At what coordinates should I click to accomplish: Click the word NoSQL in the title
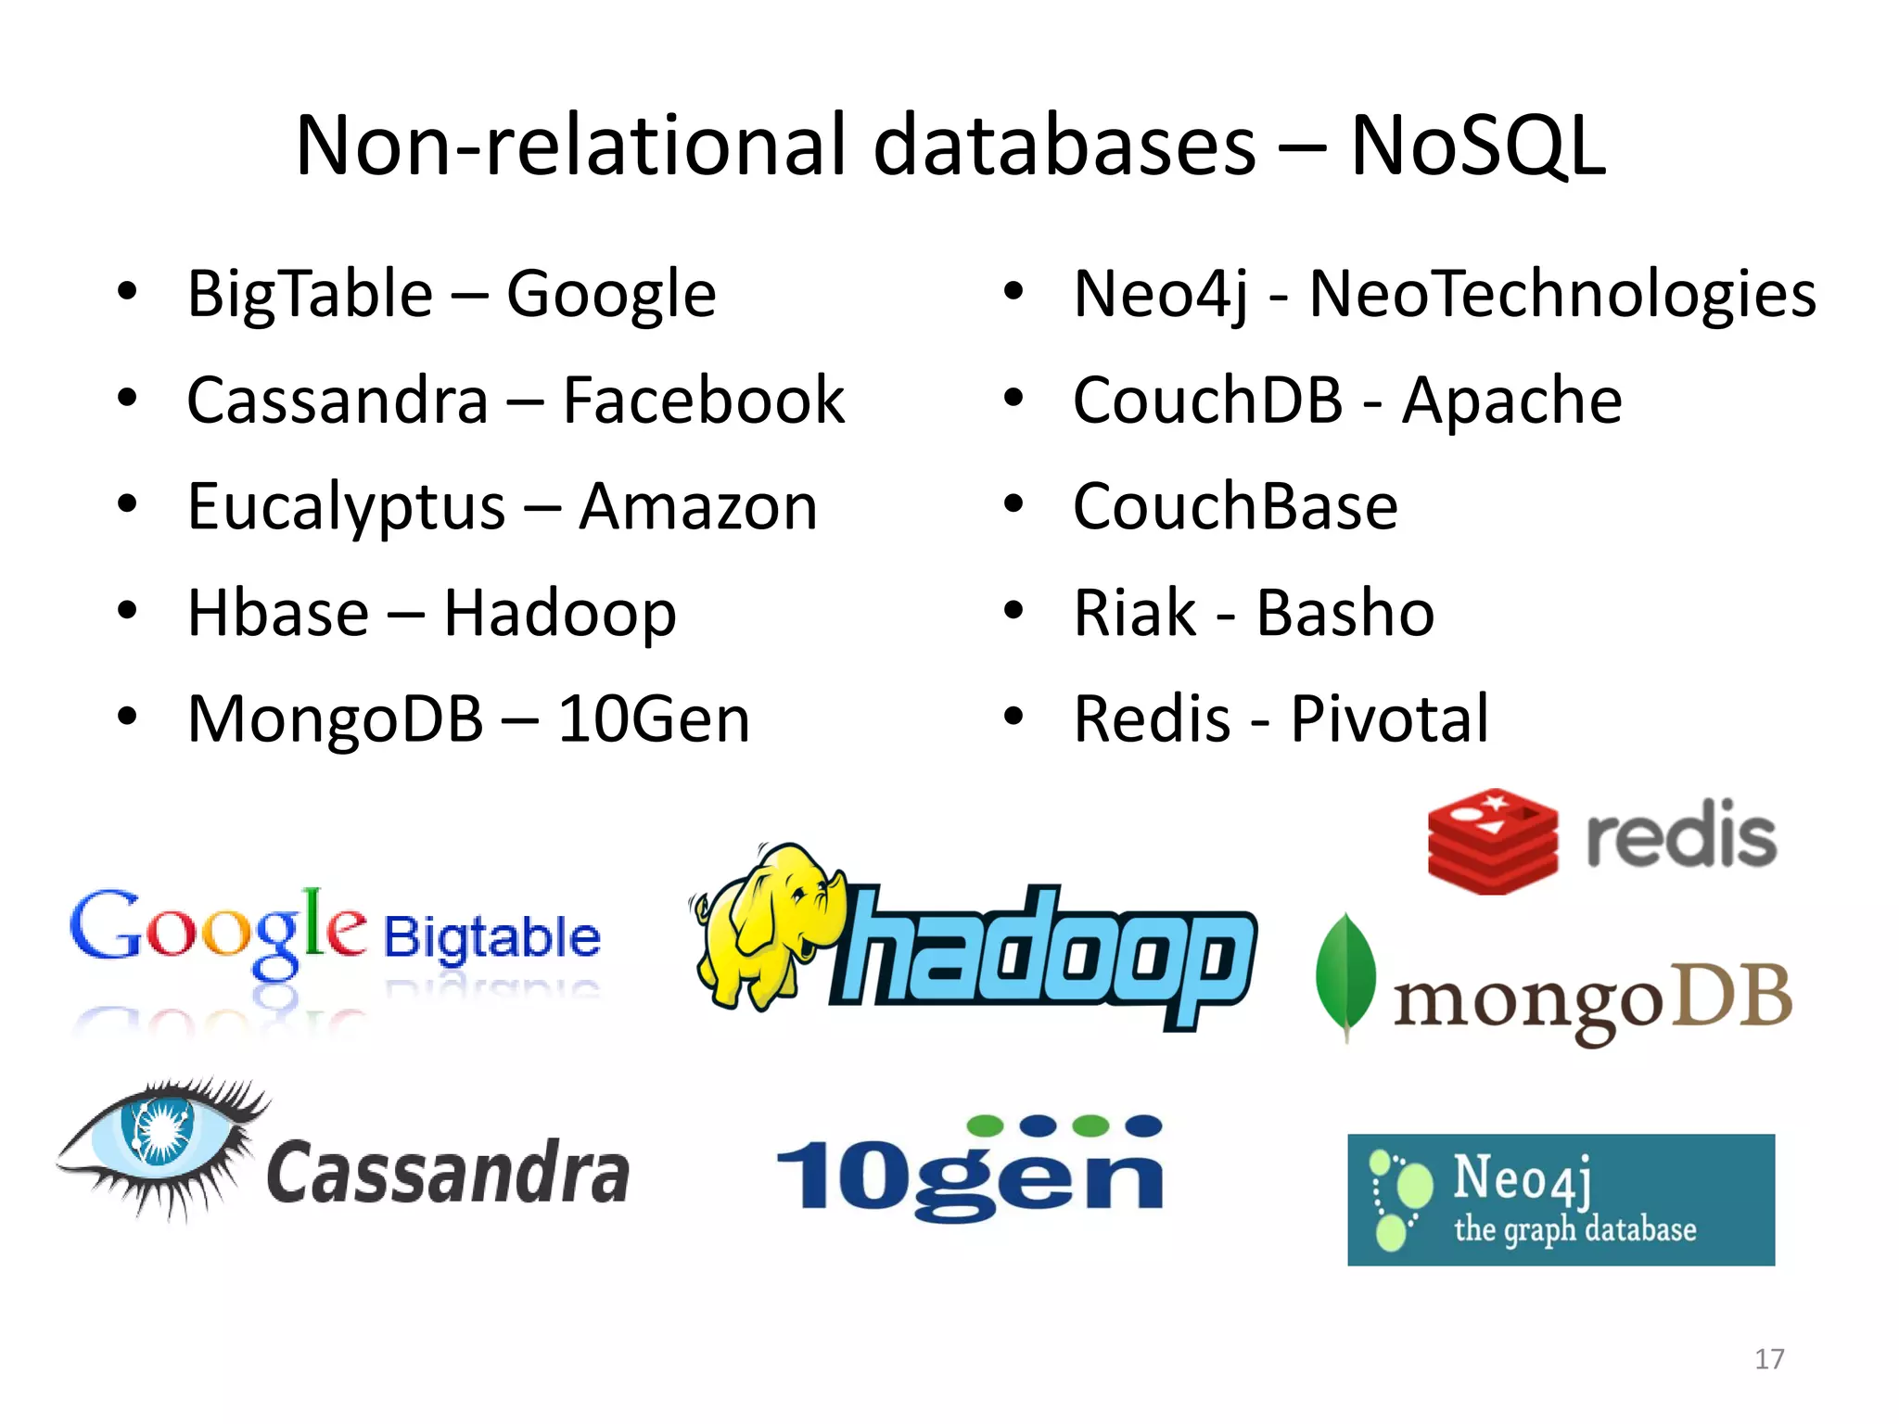pyautogui.click(x=1477, y=146)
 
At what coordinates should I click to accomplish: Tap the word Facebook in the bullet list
pyautogui.click(x=703, y=400)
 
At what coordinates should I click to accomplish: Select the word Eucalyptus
pyautogui.click(x=346, y=508)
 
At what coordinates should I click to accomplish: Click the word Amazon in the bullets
pyautogui.click(x=698, y=507)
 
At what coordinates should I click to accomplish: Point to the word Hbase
pyautogui.click(x=278, y=613)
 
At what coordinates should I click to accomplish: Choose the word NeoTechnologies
pyautogui.click(x=1561, y=294)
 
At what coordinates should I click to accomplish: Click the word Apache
pyautogui.click(x=1511, y=400)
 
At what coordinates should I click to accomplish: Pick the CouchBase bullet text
pyautogui.click(x=1235, y=507)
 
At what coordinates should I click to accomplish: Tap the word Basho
pyautogui.click(x=1345, y=613)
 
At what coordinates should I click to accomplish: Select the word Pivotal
pyautogui.click(x=1389, y=719)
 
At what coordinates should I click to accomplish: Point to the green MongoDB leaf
pyautogui.click(x=1345, y=973)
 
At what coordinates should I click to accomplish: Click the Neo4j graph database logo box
pyautogui.click(x=1561, y=1200)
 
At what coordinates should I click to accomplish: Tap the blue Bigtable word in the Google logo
pyautogui.click(x=492, y=938)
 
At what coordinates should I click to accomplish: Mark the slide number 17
pyautogui.click(x=1769, y=1359)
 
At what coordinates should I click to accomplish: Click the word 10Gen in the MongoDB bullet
pyautogui.click(x=653, y=719)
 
